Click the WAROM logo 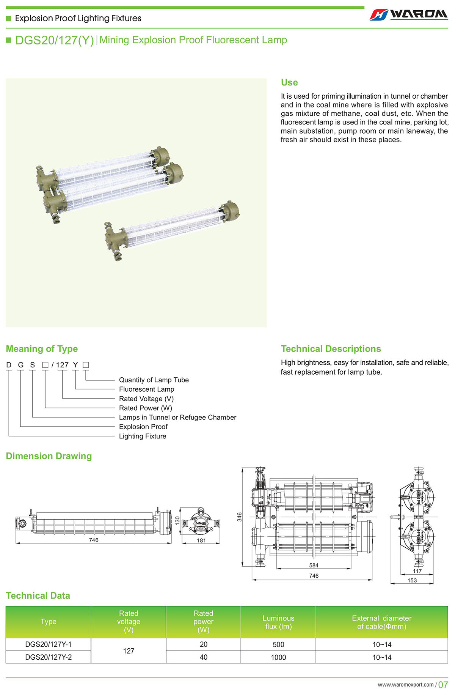click(x=409, y=14)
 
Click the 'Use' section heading click(x=289, y=82)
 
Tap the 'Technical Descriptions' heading click(x=331, y=349)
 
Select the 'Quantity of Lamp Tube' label click(x=154, y=380)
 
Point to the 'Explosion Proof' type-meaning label click(x=143, y=427)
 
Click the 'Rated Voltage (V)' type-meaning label click(x=146, y=399)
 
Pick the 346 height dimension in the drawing click(x=239, y=517)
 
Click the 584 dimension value click(x=314, y=565)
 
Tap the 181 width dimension click(x=201, y=540)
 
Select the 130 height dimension click(x=177, y=520)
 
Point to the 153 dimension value click(x=412, y=580)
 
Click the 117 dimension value click(x=417, y=571)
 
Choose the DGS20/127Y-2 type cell click(x=48, y=657)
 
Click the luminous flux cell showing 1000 click(x=278, y=657)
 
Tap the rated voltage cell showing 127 click(x=129, y=651)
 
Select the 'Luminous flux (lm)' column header click(x=278, y=622)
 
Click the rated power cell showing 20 click(x=203, y=644)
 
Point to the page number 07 click(x=443, y=685)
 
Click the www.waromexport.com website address click(x=405, y=685)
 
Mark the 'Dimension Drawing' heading click(x=49, y=456)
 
